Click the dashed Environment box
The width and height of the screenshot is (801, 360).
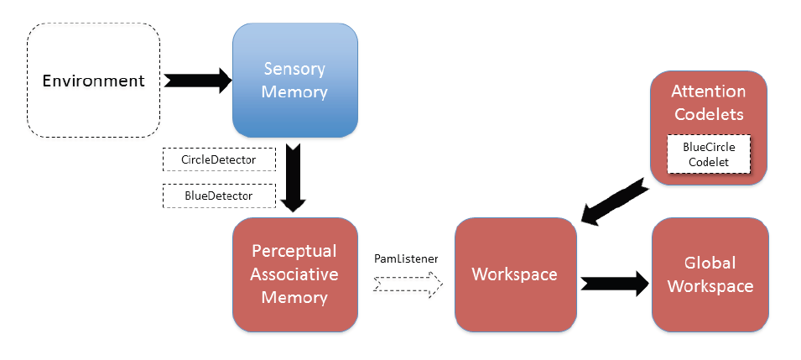93,81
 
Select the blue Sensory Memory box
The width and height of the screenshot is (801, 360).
294,80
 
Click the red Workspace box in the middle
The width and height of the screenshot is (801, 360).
516,274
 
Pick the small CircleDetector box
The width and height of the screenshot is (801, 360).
218,157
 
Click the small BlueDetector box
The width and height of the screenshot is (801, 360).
218,196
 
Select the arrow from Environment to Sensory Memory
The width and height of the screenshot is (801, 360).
196,81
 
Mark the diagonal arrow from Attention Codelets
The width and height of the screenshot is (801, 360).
618,201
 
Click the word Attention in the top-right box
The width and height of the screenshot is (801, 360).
708,91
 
